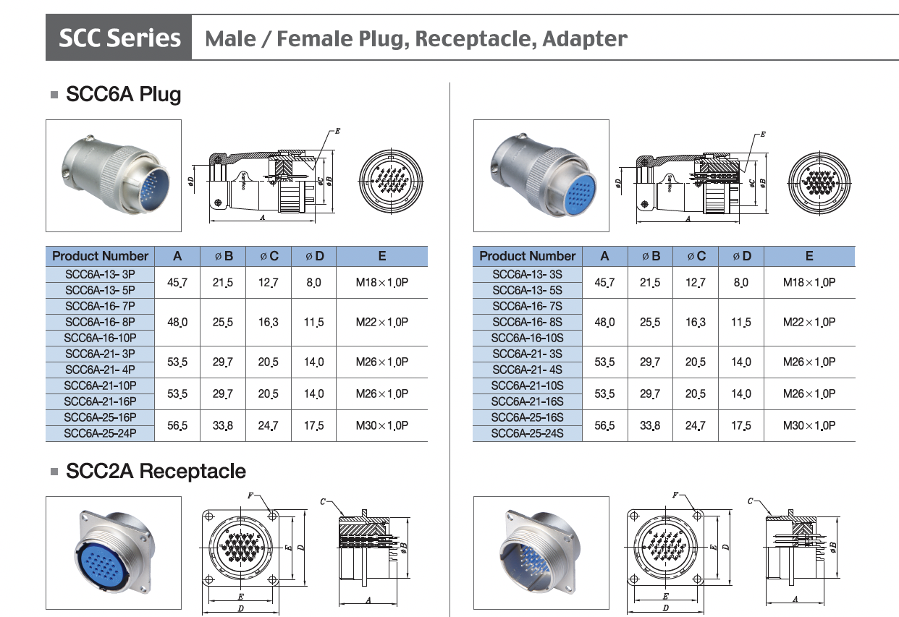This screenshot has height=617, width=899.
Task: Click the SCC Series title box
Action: (119, 38)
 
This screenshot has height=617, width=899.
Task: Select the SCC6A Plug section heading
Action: (123, 94)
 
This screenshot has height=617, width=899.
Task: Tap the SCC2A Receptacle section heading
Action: (156, 472)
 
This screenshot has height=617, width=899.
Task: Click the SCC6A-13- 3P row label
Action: (100, 274)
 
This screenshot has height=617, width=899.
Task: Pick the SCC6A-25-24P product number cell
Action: (100, 433)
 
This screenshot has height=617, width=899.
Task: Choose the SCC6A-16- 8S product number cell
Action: (527, 322)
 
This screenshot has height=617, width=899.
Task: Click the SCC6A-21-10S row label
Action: (527, 386)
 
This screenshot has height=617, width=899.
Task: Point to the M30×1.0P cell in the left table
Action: (381, 425)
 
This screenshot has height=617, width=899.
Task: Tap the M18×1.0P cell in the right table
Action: (809, 282)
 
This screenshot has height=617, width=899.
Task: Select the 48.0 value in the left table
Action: (177, 322)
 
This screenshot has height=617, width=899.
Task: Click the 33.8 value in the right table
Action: (649, 425)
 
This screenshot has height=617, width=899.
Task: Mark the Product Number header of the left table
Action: (100, 256)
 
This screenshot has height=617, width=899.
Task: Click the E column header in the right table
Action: (809, 256)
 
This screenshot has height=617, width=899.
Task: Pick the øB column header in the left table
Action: (223, 256)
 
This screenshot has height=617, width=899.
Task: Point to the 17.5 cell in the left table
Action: (313, 425)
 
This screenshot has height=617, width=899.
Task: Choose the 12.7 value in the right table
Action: (696, 282)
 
